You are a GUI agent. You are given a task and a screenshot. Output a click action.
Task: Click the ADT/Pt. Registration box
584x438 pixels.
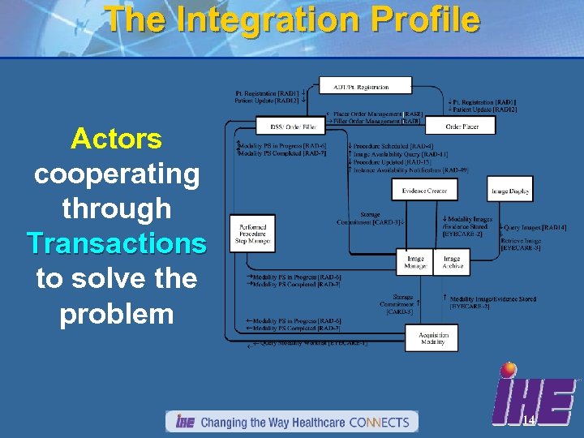365,86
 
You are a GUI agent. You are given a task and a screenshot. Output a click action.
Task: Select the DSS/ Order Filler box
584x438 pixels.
290,127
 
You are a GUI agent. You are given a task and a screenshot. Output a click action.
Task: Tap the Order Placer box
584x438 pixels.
462,127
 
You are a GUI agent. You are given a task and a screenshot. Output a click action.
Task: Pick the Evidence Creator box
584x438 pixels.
425,191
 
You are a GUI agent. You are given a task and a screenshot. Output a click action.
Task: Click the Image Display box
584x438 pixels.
509,191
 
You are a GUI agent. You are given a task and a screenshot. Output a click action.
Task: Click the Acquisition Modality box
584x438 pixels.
432,338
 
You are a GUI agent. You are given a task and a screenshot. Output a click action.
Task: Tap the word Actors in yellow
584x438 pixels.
116,139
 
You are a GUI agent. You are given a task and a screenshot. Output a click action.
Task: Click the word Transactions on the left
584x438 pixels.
116,243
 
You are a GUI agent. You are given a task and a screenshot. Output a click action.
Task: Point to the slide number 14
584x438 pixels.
528,420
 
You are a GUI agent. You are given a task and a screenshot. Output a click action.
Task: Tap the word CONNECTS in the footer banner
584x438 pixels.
381,423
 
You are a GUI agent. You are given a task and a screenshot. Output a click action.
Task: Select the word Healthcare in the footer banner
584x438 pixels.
307,423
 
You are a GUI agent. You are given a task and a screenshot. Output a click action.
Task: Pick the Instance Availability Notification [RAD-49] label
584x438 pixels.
410,170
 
